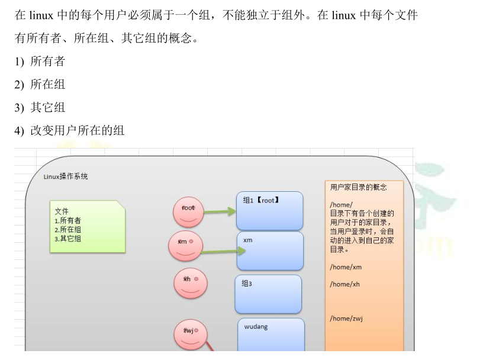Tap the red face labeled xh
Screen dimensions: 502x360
tap(190, 283)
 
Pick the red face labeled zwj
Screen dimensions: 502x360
tap(191, 334)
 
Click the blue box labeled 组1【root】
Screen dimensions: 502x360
tap(269, 211)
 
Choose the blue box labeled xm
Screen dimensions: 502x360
tap(270, 250)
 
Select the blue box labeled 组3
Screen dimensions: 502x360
tap(268, 294)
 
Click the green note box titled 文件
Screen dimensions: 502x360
tap(87, 227)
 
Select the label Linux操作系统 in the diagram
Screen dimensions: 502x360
tap(66, 176)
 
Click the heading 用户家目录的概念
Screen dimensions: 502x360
tap(359, 187)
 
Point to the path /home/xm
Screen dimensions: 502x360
tap(346, 267)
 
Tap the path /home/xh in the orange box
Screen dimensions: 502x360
tap(345, 284)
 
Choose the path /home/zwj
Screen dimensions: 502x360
tap(346, 319)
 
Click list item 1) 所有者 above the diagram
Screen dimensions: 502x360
tap(40, 62)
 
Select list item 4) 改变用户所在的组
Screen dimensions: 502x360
tap(70, 131)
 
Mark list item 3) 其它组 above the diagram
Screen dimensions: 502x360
tap(40, 108)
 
